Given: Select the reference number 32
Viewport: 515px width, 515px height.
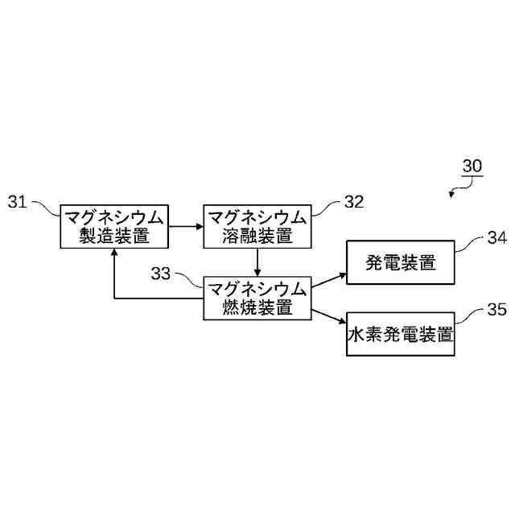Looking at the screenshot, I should click(354, 202).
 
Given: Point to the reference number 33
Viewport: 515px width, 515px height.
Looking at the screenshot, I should click(161, 274).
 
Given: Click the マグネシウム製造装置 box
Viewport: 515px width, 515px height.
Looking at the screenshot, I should click(114, 227).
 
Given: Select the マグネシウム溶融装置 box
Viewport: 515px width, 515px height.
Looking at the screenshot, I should click(257, 227).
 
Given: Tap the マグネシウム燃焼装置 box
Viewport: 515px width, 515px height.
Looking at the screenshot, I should click(257, 298).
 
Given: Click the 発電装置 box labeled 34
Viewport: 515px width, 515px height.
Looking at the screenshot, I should click(400, 262).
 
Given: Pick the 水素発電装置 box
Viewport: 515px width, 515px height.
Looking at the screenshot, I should click(400, 333).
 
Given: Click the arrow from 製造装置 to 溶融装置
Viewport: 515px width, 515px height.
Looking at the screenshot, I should click(186, 227).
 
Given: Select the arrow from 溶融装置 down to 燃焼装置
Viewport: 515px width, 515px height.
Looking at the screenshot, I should click(257, 262).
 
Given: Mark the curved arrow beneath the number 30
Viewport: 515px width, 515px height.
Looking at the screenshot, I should click(461, 189).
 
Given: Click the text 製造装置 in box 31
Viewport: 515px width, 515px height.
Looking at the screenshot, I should click(114, 237).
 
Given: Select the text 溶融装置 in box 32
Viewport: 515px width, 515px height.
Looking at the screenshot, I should click(257, 237).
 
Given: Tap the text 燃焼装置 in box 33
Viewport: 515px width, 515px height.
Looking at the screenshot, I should click(257, 307).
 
